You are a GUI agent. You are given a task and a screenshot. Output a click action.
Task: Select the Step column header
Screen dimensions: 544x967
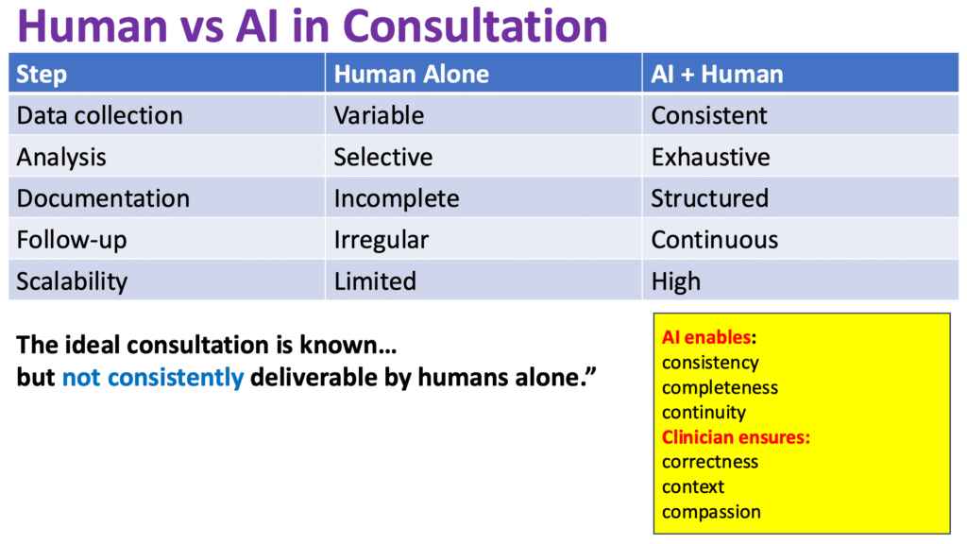point(42,75)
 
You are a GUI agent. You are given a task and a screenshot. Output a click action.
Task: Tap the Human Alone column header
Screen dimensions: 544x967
point(411,75)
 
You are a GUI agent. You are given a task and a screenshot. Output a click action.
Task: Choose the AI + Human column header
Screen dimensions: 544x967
point(717,75)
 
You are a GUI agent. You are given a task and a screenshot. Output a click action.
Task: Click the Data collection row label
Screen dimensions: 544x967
point(99,116)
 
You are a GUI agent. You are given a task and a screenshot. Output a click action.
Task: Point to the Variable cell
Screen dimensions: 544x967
point(379,116)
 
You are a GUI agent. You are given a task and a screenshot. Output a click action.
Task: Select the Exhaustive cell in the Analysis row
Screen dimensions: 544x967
point(710,157)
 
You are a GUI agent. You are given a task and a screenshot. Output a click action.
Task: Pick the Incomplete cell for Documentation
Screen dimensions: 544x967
point(396,198)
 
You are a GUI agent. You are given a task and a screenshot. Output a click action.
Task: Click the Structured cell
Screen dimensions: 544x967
point(709,198)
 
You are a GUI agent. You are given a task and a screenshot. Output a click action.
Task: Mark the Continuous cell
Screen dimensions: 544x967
point(714,240)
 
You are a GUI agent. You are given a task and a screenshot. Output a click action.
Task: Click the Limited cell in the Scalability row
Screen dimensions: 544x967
point(374,281)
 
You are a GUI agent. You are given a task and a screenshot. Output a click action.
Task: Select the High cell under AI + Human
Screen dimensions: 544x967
point(675,281)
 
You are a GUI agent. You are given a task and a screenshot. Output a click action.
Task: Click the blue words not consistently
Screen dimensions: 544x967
point(153,378)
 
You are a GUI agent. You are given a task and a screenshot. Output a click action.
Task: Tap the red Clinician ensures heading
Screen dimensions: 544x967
point(737,437)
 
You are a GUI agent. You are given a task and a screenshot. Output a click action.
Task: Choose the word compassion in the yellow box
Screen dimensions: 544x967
point(711,512)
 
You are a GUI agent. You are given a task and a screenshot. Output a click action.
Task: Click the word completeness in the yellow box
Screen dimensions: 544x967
point(720,387)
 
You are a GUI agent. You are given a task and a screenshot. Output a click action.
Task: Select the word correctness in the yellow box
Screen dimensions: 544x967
point(709,462)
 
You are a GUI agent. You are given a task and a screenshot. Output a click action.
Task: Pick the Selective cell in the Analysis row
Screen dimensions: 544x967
point(382,157)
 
